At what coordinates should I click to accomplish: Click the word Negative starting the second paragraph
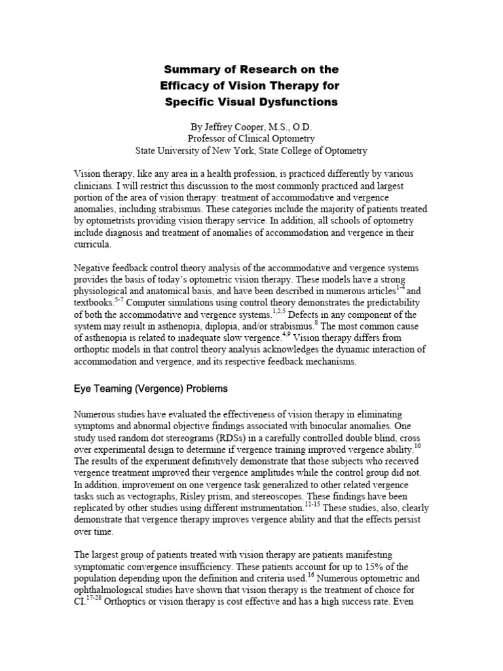coord(92,269)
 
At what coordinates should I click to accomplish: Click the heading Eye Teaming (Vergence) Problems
coord(151,389)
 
